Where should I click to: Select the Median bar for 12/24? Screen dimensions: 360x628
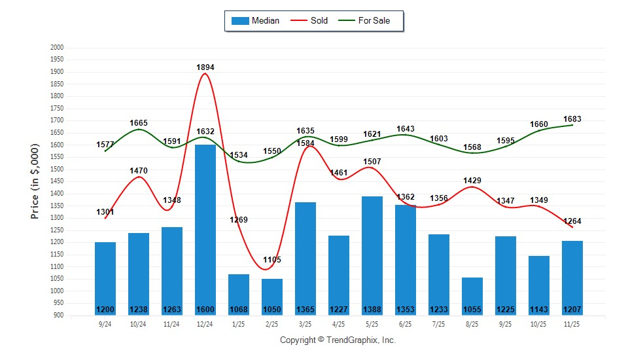point(205,229)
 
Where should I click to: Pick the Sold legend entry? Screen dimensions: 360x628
point(311,20)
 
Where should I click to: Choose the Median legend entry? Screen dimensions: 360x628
point(256,20)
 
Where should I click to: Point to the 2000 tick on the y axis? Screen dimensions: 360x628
point(57,48)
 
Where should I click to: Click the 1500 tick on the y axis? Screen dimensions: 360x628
point(57,170)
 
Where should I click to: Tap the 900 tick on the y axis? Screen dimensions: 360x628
point(59,315)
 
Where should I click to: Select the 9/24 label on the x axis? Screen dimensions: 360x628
point(105,324)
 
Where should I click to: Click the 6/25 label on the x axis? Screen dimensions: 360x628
point(406,324)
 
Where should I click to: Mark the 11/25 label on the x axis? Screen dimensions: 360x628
point(572,324)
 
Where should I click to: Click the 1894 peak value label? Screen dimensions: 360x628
point(205,67)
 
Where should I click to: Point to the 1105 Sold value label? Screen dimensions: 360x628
point(272,260)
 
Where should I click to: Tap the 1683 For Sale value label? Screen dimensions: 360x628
point(572,119)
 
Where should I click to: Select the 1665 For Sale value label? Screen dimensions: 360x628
point(139,123)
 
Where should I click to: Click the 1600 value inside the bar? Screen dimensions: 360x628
point(205,310)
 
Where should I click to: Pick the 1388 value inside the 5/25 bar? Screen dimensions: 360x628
point(372,310)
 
